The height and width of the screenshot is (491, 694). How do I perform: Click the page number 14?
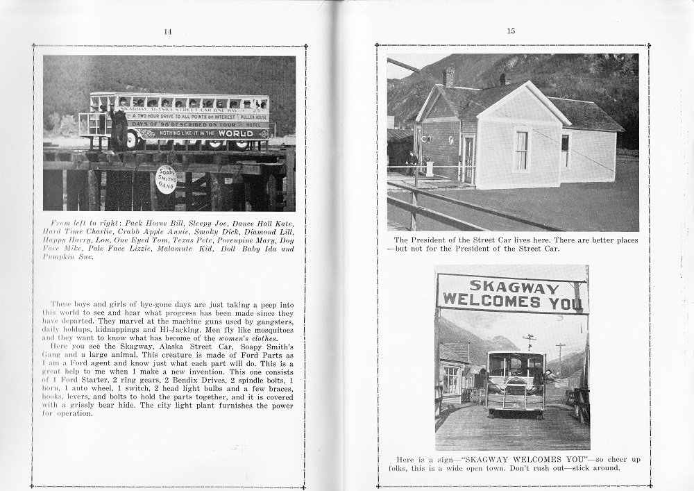[167, 31]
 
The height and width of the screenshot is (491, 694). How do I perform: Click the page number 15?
[511, 31]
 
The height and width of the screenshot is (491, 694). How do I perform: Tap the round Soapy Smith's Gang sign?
[166, 179]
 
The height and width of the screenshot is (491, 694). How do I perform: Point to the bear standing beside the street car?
[119, 130]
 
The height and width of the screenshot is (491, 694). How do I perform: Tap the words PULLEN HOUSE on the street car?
[253, 117]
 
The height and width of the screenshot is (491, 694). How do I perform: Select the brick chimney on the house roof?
[448, 76]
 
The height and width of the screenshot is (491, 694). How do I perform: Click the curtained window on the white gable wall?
[522, 151]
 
